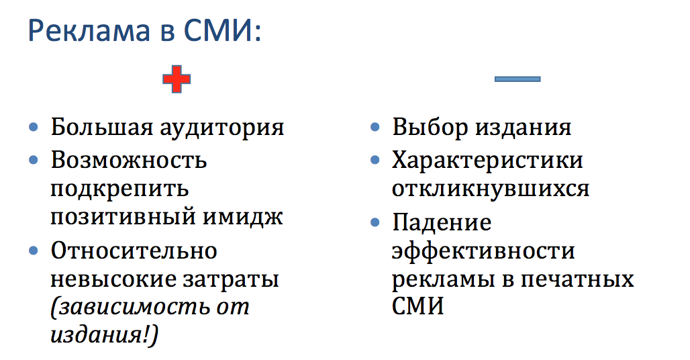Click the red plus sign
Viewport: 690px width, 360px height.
point(177,79)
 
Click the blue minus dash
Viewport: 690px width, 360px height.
point(517,79)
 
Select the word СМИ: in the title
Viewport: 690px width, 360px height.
point(221,32)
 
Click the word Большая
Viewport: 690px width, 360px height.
point(101,128)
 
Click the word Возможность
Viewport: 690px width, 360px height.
point(128,160)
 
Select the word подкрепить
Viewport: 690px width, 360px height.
point(119,190)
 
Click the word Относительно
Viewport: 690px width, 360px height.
point(134,251)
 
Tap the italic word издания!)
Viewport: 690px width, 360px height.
point(105,335)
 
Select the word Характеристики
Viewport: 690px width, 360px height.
point(487,161)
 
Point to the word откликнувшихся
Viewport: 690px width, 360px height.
point(490,189)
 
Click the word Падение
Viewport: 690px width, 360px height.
point(442,223)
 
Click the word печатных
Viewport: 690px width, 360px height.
point(577,280)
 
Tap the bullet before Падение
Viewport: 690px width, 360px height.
point(375,222)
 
